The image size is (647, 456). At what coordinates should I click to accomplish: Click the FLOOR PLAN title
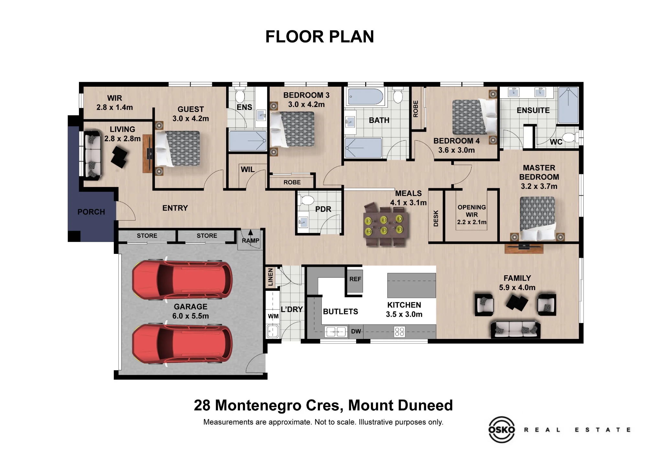pos(320,37)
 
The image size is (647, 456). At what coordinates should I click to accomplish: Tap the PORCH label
pos(91,212)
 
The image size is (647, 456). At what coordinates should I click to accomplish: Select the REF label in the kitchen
pos(355,279)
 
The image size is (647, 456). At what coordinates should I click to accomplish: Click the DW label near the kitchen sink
pos(356,331)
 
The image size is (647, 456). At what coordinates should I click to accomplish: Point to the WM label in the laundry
pos(273,316)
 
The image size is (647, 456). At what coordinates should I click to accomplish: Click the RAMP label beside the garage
pos(251,241)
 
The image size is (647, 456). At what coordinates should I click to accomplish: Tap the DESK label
pos(436,218)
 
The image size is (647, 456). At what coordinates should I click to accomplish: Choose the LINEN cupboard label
pos(271,277)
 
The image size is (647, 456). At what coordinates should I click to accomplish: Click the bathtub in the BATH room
pos(366,96)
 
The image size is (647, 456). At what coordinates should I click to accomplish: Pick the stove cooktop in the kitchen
pos(400,332)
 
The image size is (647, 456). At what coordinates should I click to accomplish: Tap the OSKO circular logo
pos(501,429)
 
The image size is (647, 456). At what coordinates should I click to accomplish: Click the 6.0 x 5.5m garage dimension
pos(191,316)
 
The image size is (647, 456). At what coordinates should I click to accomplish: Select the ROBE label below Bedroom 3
pos(292,182)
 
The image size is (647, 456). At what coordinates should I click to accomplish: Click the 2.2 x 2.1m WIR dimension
pos(472,222)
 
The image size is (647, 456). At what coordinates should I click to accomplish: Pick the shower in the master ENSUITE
pos(568,105)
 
